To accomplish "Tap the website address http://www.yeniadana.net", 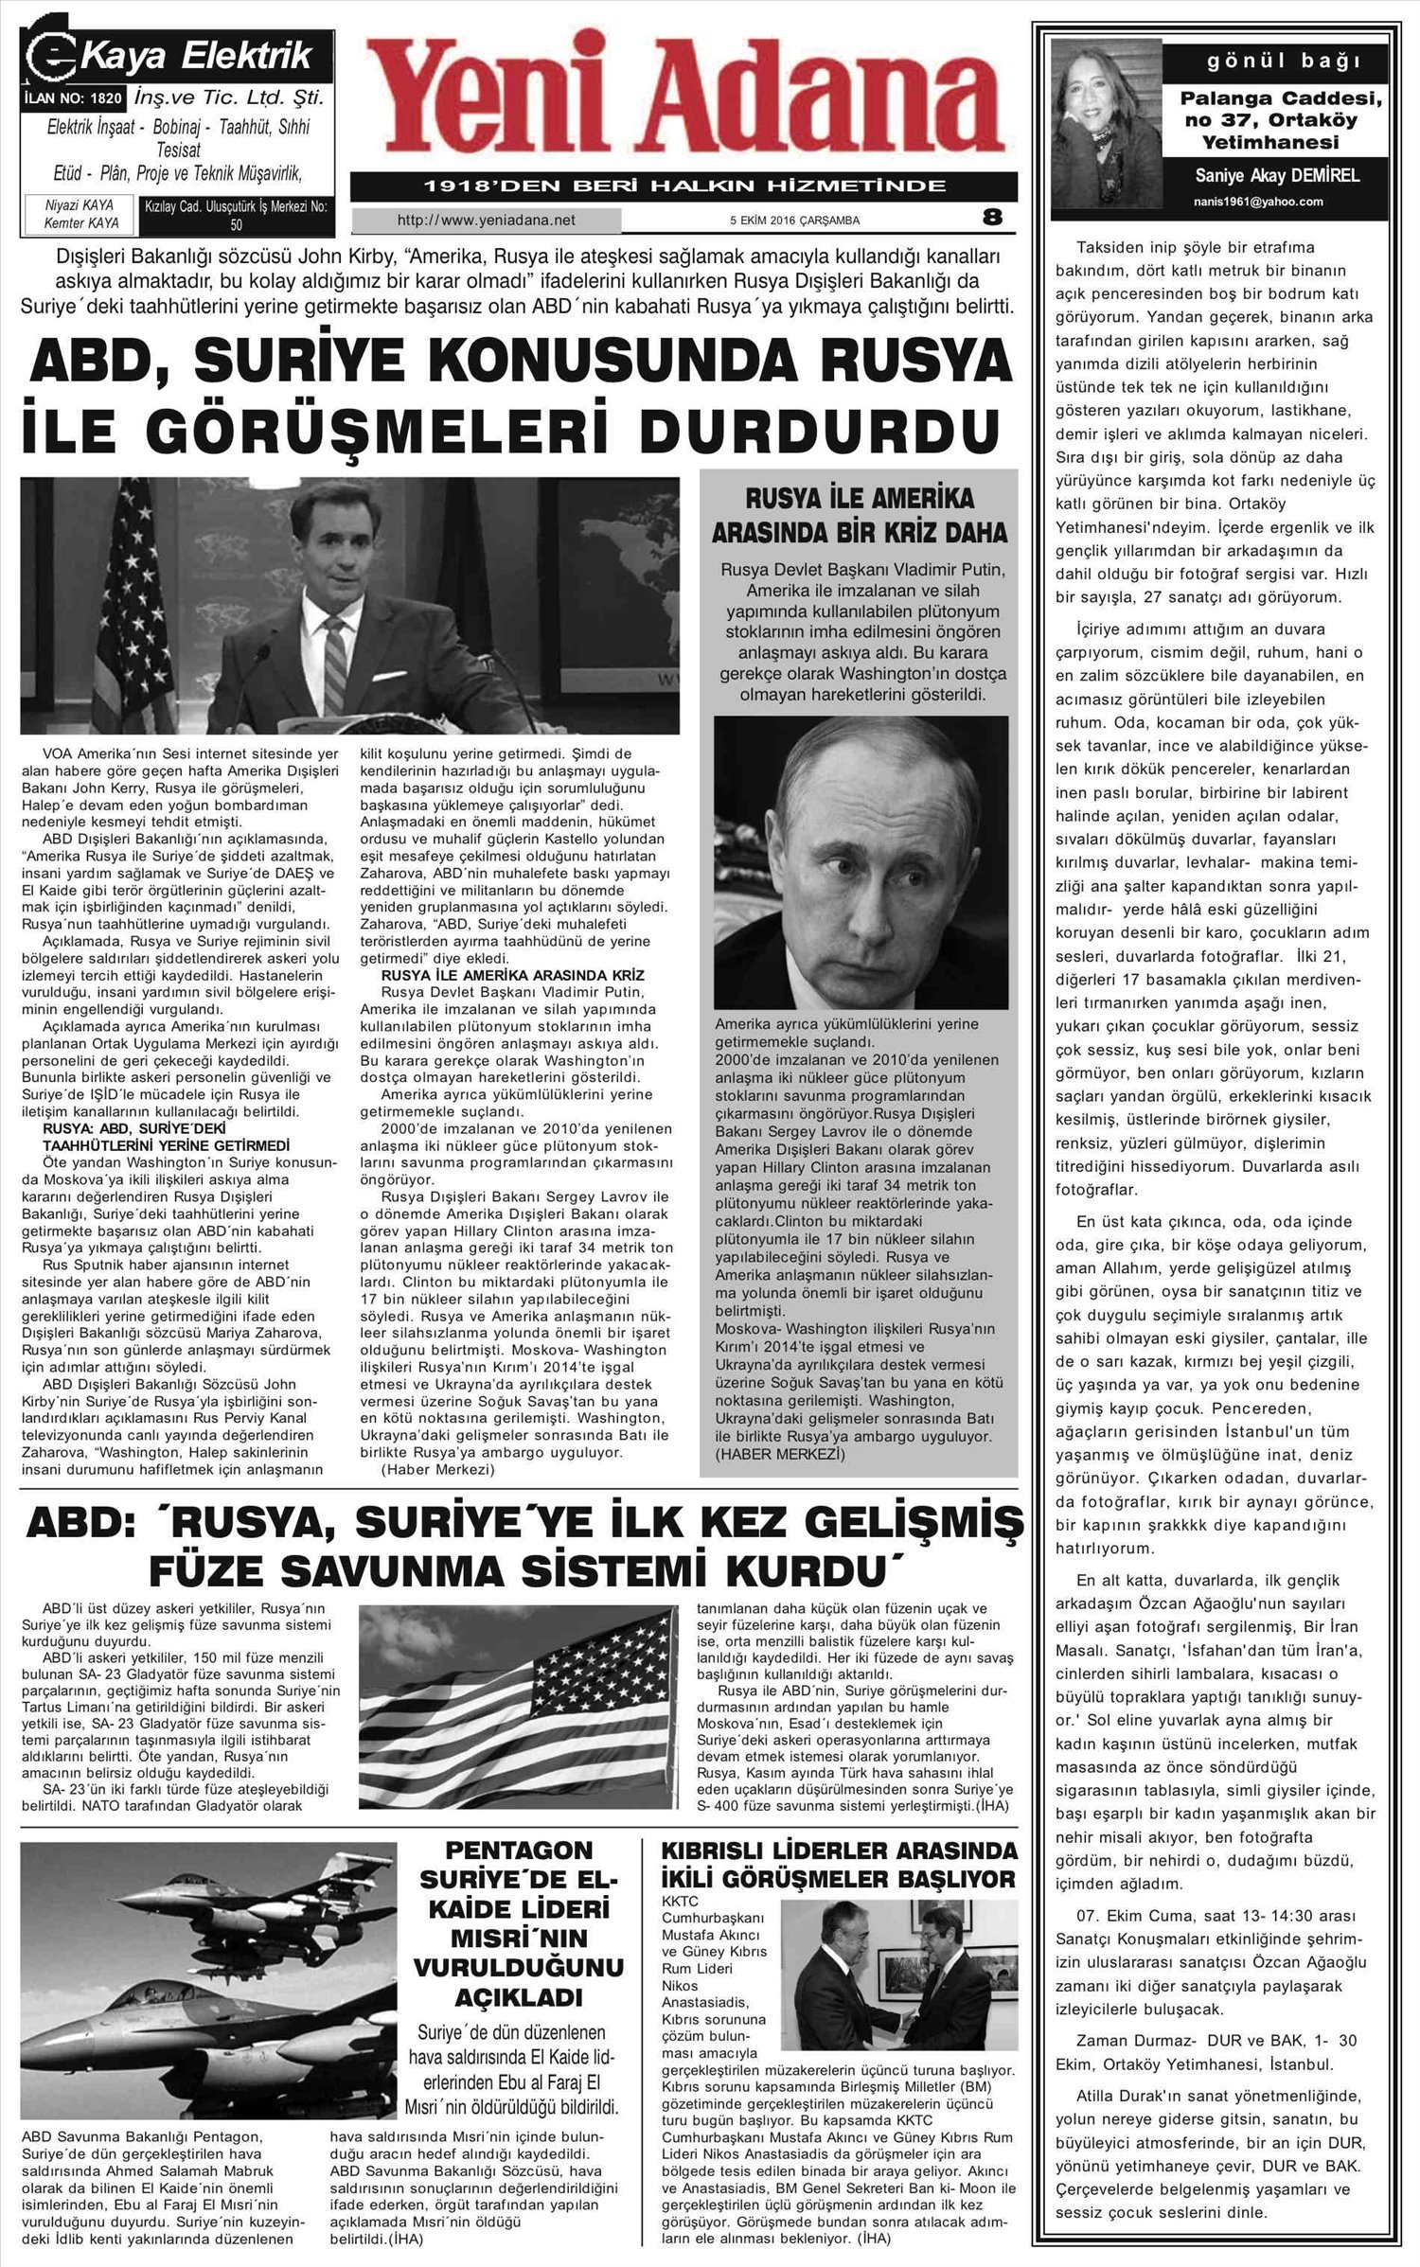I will [487, 221].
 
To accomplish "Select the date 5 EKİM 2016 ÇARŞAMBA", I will [794, 221].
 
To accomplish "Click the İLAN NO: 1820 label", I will [72, 97].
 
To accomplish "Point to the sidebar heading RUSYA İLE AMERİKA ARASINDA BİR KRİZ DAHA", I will [859, 515].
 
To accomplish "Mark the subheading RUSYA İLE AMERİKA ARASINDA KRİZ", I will [511, 975].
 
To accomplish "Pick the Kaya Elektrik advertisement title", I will [196, 57].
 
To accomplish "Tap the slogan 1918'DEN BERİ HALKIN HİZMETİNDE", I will [683, 186].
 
